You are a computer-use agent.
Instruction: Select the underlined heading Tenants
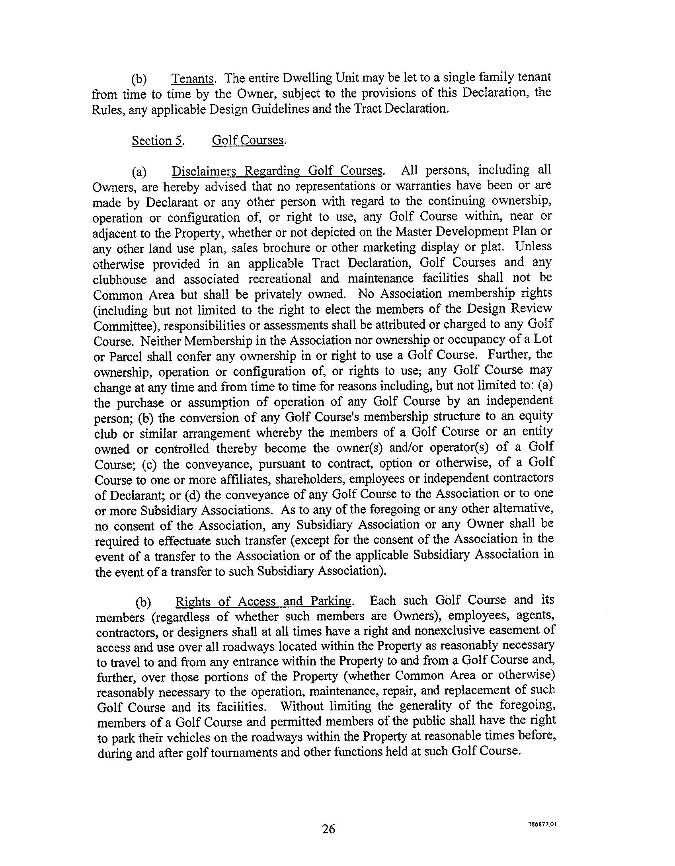(193, 78)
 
